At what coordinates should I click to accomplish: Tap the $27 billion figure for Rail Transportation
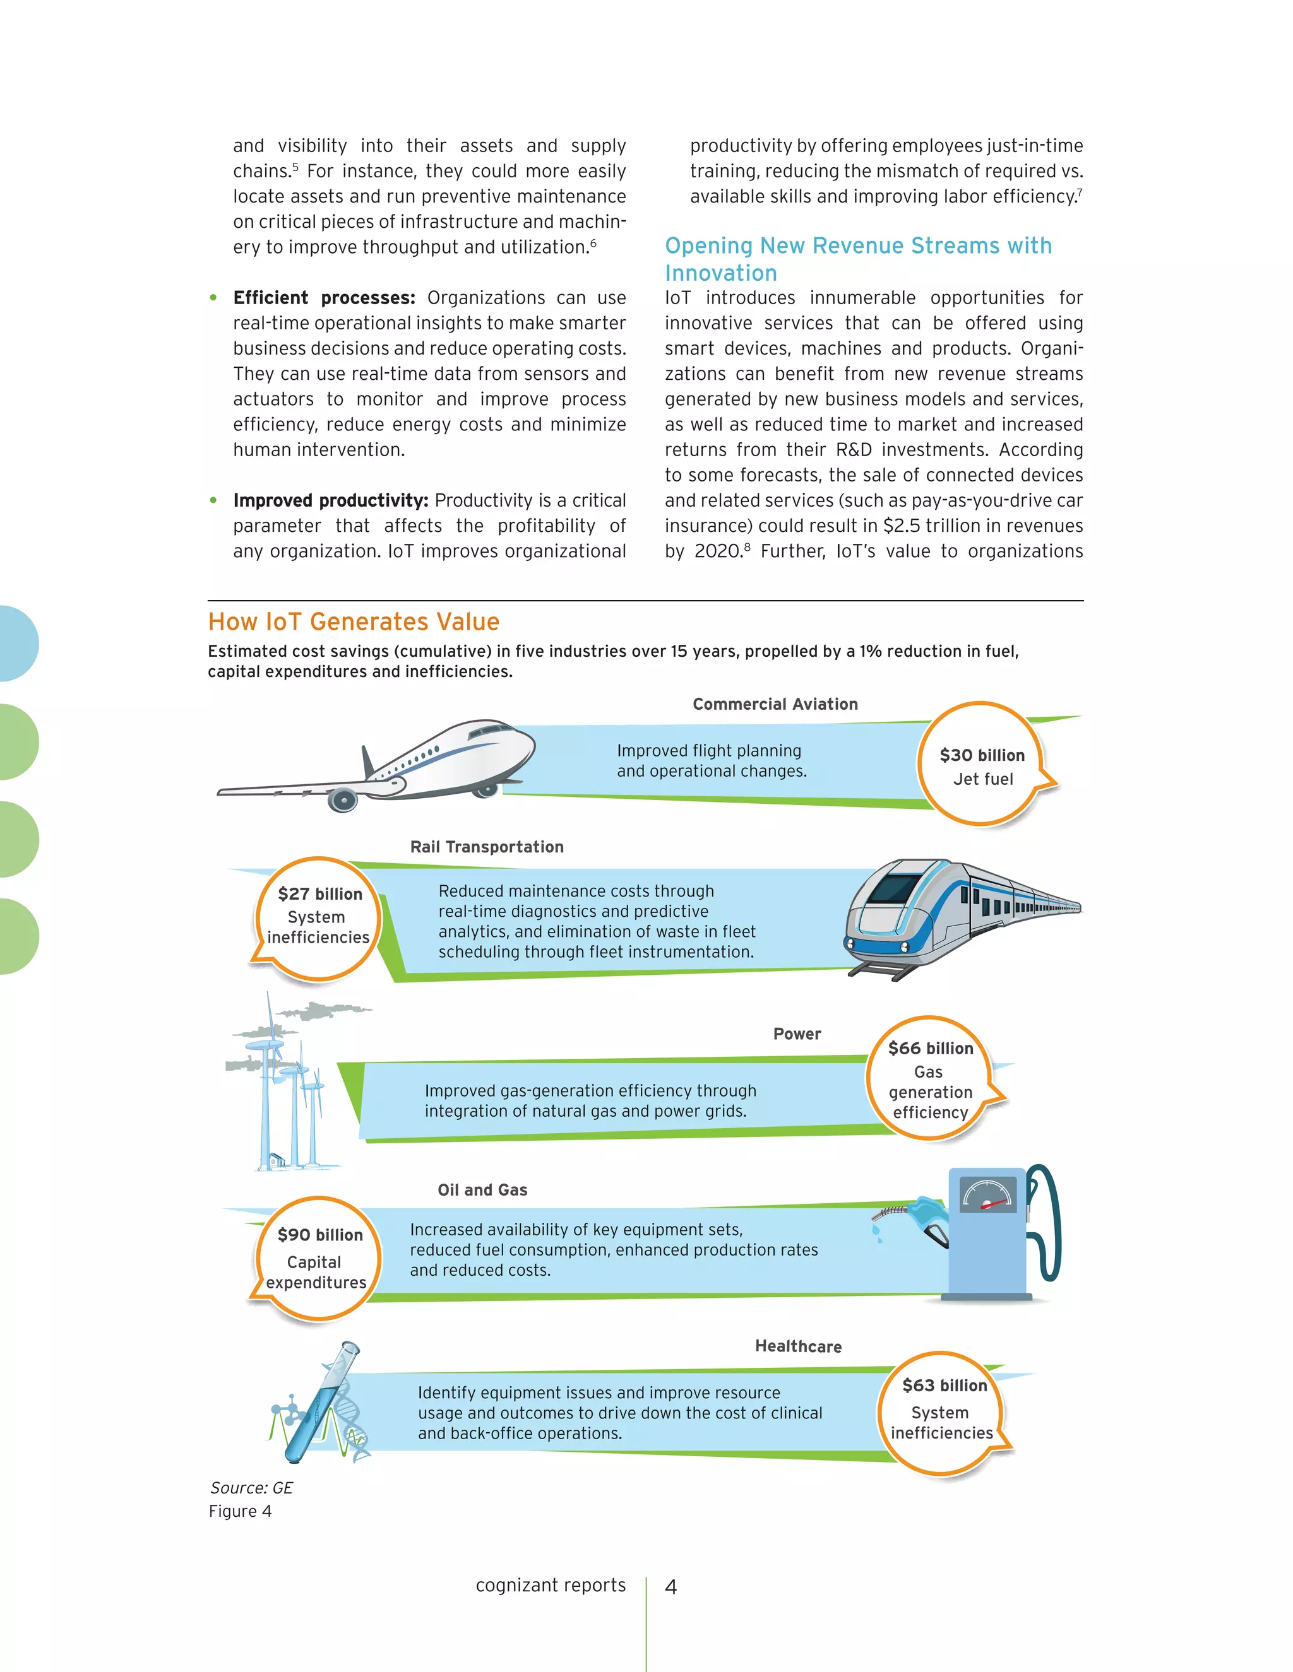(319, 893)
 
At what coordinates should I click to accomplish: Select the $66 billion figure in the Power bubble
(930, 1048)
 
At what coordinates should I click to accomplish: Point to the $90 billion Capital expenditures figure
(319, 1234)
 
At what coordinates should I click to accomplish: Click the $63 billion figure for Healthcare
(944, 1385)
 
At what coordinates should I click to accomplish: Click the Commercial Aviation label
(775, 704)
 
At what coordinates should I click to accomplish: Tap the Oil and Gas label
(482, 1190)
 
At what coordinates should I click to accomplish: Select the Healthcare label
(797, 1346)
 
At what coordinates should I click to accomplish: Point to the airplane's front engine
(343, 800)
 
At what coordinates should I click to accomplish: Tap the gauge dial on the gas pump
(987, 1195)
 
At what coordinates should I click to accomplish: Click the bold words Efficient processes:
(324, 298)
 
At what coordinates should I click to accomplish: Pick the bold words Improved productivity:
(330, 501)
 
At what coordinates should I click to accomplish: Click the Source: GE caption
(251, 1488)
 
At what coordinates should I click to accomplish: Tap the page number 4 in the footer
(670, 1587)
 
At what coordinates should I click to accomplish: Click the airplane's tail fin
(367, 761)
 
